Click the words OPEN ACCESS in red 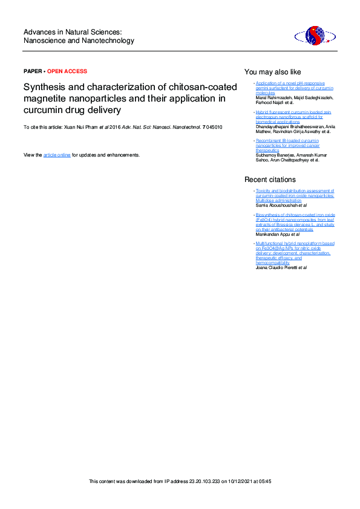tap(67, 71)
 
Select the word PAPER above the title tap(33, 71)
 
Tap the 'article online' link tap(57, 155)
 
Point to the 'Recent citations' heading tap(270, 180)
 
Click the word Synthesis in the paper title tap(44, 87)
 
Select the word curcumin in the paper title tap(41, 110)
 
